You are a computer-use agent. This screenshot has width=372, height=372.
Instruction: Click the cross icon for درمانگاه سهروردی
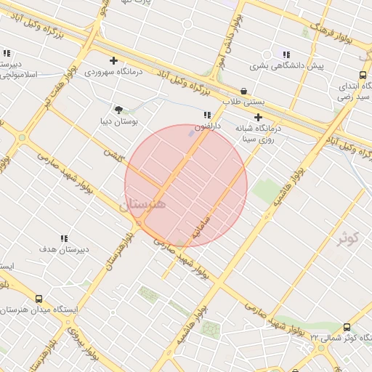tap(113, 61)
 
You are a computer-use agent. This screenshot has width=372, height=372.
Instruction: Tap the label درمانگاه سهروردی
tap(113, 72)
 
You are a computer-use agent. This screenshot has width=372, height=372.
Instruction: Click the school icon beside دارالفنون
tap(207, 115)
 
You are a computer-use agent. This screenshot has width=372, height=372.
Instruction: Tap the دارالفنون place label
tap(208, 126)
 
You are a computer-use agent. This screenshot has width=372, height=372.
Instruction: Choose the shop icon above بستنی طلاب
tap(243, 92)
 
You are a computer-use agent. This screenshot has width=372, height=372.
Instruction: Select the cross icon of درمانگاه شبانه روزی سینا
tap(257, 116)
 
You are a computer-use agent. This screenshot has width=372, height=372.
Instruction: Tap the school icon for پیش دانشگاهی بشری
tap(286, 54)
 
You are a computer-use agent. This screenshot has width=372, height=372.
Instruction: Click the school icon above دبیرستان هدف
tap(64, 238)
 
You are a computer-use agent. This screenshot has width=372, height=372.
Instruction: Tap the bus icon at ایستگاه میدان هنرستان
tap(39, 299)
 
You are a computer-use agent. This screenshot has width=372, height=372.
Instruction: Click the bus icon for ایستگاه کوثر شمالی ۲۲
tap(347, 328)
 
